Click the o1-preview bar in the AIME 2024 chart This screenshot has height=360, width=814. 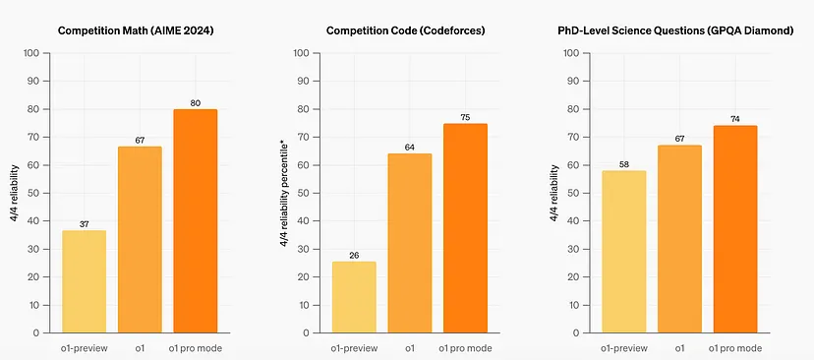click(x=84, y=281)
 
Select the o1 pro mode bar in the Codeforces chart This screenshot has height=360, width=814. click(x=459, y=228)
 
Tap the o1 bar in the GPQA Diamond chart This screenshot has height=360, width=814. click(x=679, y=239)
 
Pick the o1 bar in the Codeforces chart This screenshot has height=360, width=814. click(x=403, y=243)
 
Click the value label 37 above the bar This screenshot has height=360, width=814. click(x=84, y=223)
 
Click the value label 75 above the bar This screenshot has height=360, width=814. click(x=459, y=115)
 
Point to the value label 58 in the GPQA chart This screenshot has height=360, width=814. click(x=624, y=163)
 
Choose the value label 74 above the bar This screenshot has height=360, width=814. click(x=734, y=118)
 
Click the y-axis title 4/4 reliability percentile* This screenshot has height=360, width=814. click(x=285, y=193)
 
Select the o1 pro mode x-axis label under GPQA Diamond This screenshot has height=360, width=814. click(x=734, y=347)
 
